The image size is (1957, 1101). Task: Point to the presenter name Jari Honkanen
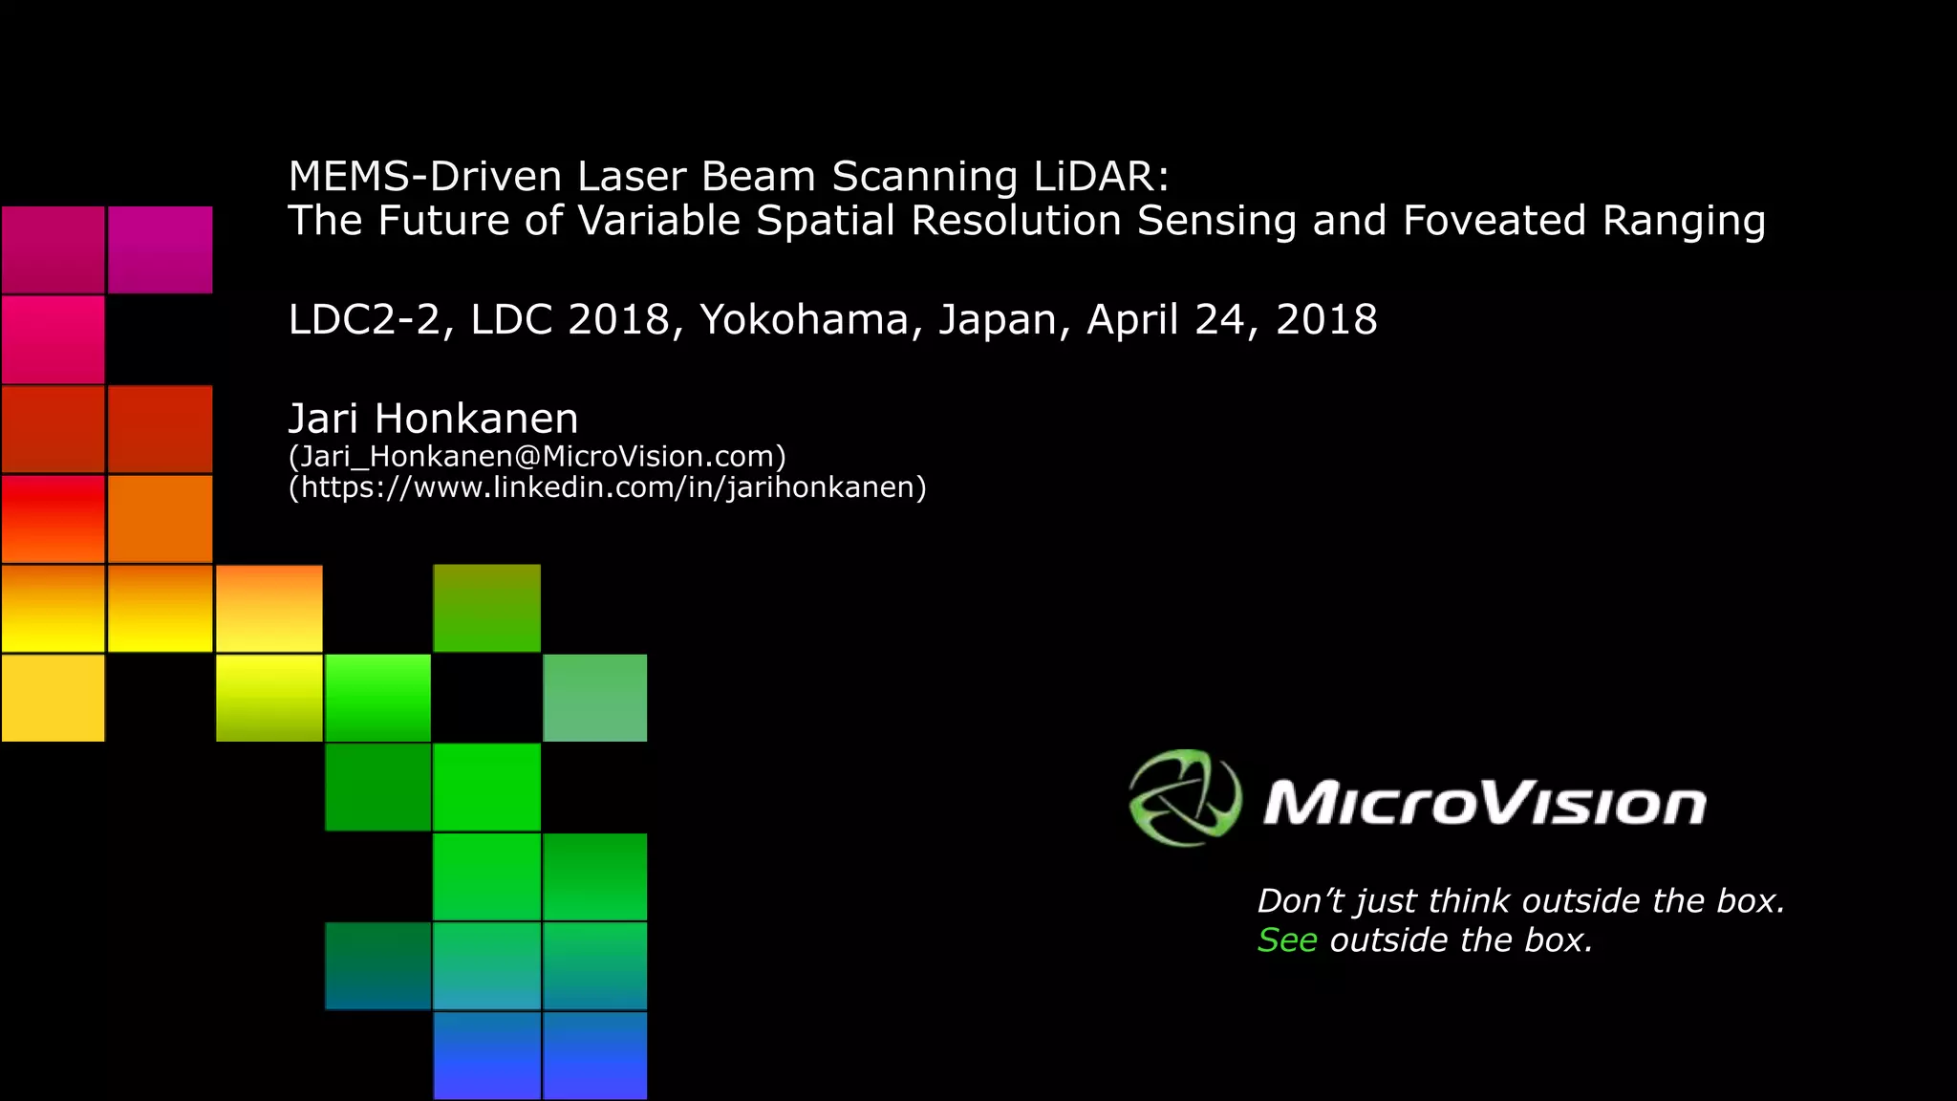point(433,419)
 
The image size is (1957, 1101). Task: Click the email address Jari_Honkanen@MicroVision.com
point(537,456)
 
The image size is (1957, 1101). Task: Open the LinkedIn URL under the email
point(608,487)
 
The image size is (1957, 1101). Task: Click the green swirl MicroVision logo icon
point(1185,798)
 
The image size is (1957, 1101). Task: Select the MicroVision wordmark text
point(1485,803)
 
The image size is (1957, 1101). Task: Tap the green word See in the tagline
point(1287,940)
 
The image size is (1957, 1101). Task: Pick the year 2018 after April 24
point(1326,319)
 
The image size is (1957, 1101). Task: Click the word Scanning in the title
point(925,177)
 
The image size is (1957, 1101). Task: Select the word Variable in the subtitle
point(659,221)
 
